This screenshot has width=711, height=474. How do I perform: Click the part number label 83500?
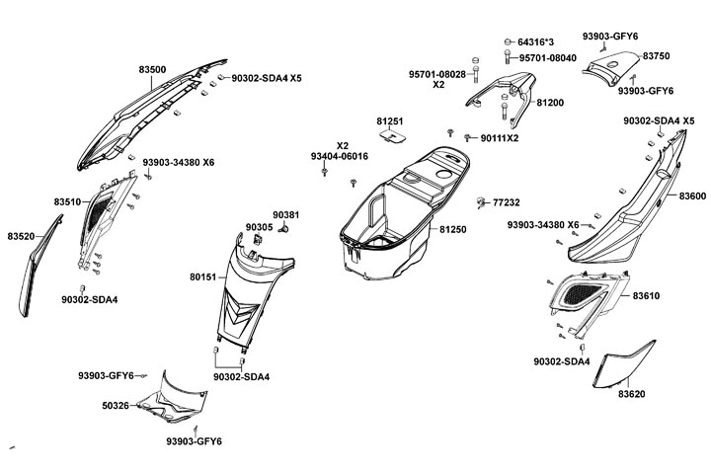152,69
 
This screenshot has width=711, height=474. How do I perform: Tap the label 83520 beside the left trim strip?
21,236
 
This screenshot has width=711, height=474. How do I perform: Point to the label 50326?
116,405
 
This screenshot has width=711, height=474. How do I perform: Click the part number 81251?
389,120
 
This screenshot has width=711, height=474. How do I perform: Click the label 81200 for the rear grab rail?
550,103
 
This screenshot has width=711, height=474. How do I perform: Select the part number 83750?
657,56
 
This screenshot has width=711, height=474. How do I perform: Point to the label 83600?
692,197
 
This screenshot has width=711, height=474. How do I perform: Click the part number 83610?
647,295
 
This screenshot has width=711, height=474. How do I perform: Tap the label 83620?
631,394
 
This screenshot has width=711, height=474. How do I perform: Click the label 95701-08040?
548,58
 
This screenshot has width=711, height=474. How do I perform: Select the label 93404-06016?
339,156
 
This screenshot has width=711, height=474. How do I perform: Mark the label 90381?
284,214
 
